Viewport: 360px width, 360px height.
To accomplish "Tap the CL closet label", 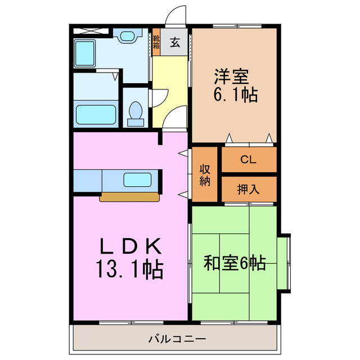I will [x=248, y=160].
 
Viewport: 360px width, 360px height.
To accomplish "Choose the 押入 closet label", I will [x=248, y=189].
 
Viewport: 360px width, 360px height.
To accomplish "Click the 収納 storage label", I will [x=205, y=174].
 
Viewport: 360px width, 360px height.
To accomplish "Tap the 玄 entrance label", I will [x=175, y=42].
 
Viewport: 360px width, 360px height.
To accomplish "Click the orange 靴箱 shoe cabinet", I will [x=156, y=42].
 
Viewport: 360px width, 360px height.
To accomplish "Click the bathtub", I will [x=96, y=116].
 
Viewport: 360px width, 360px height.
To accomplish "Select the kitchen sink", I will [x=138, y=180].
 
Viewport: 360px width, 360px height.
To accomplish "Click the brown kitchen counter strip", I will [x=129, y=197].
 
